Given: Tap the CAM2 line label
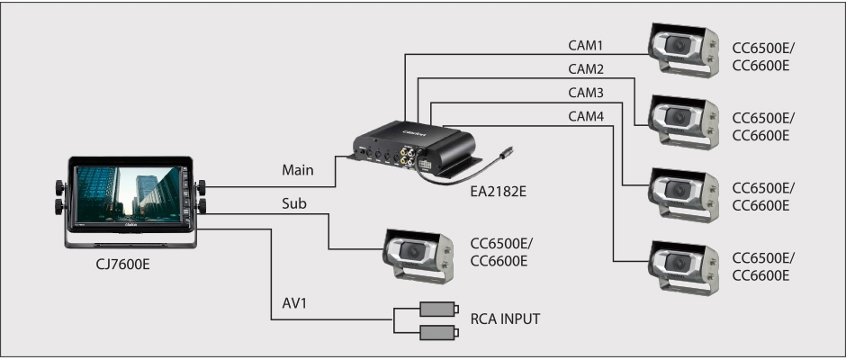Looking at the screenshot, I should [586, 68].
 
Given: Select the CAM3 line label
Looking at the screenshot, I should [586, 93].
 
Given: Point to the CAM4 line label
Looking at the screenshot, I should [586, 116].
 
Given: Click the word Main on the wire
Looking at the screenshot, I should [297, 169].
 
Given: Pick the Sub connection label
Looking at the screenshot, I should [294, 204].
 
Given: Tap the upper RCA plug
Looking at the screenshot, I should [439, 309].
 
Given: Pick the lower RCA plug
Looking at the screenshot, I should [439, 333].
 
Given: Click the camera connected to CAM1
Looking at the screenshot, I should [682, 49].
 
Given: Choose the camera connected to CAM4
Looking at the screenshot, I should [682, 261].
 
